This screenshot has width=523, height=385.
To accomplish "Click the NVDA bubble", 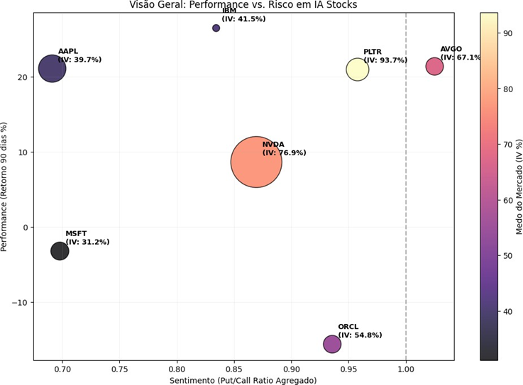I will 256,162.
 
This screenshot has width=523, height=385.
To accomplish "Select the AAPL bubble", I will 52,69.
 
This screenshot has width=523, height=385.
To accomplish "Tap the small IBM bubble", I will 216,28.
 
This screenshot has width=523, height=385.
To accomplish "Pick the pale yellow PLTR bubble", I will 358,69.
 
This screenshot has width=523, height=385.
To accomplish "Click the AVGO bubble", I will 434,67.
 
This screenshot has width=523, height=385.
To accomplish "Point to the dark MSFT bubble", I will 60,250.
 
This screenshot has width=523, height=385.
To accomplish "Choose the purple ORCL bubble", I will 332,344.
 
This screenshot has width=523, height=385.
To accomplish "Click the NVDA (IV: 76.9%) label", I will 284,148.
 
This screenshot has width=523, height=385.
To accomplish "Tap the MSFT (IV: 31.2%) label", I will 87,238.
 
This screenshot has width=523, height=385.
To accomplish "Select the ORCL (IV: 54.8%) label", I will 360,331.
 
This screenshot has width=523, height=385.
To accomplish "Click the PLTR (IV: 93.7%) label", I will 385,56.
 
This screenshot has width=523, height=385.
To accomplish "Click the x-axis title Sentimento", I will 243,380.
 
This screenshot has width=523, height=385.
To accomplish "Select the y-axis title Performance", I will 6,186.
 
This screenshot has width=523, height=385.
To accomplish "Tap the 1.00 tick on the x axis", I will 406,369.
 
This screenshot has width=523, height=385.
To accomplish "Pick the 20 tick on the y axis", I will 23,77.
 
